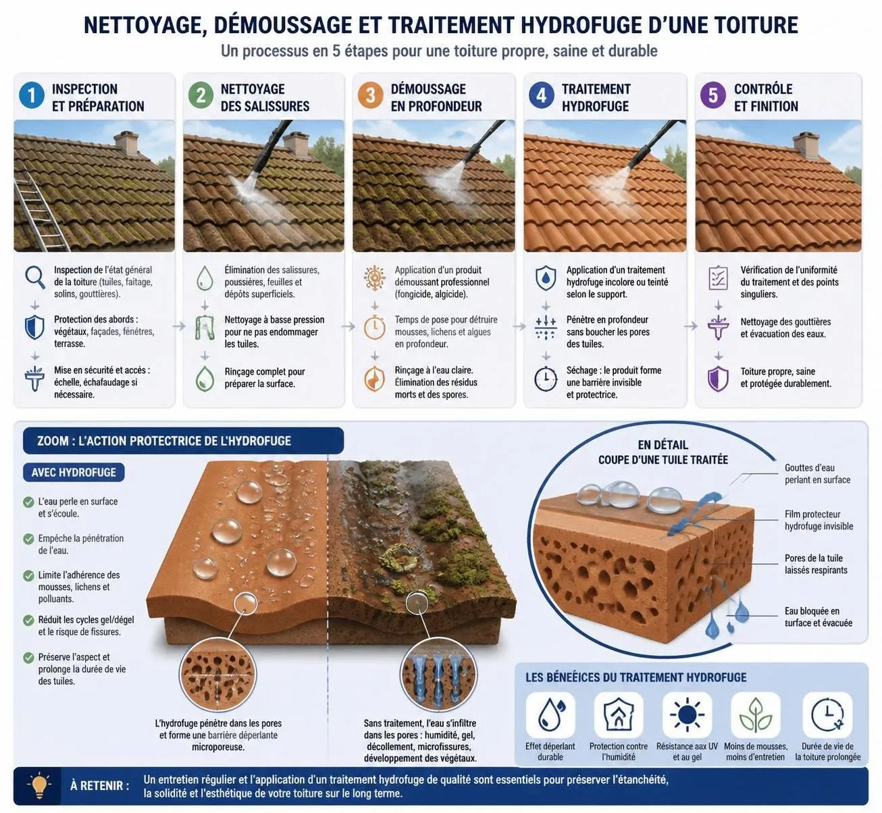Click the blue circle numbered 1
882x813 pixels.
click(32, 95)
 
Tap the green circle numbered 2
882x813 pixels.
click(201, 95)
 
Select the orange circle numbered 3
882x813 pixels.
click(370, 95)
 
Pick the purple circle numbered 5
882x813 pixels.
click(712, 95)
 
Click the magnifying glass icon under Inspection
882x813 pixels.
click(35, 278)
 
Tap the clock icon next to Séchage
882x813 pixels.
click(546, 379)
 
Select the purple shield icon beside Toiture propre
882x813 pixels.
click(718, 379)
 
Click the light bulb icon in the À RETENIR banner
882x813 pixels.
click(39, 785)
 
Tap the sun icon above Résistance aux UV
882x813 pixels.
click(687, 715)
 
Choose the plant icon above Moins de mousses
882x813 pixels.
click(756, 715)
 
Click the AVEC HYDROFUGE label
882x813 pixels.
click(74, 472)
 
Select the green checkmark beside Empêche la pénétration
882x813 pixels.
click(29, 539)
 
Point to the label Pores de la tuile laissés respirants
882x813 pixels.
click(816, 564)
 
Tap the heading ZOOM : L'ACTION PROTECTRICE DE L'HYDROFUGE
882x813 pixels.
click(164, 441)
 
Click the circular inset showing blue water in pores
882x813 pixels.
click(438, 675)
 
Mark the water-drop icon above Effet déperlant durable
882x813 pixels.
click(550, 715)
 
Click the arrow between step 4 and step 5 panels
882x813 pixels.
click(691, 327)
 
